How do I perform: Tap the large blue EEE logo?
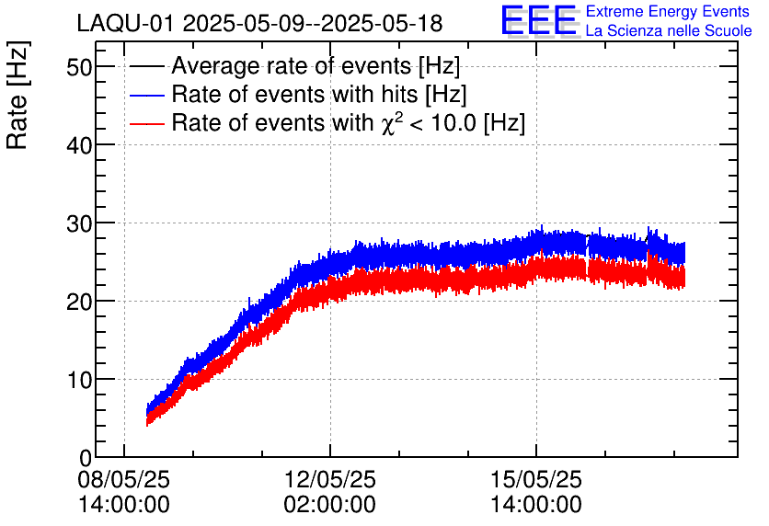point(540,20)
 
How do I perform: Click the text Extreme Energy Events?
point(668,12)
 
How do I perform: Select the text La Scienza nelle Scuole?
point(668,30)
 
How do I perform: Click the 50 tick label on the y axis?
point(79,67)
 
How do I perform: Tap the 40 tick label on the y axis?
point(79,145)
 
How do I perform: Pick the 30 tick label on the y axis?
point(79,223)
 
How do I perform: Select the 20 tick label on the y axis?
point(79,302)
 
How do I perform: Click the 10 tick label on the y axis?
point(79,380)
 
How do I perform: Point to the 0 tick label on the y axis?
point(86,457)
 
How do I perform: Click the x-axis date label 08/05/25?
point(124,480)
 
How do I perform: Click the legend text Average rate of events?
point(316,66)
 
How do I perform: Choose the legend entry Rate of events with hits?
point(319,95)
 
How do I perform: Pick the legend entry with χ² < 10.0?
point(348,123)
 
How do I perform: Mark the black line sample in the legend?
point(146,66)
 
